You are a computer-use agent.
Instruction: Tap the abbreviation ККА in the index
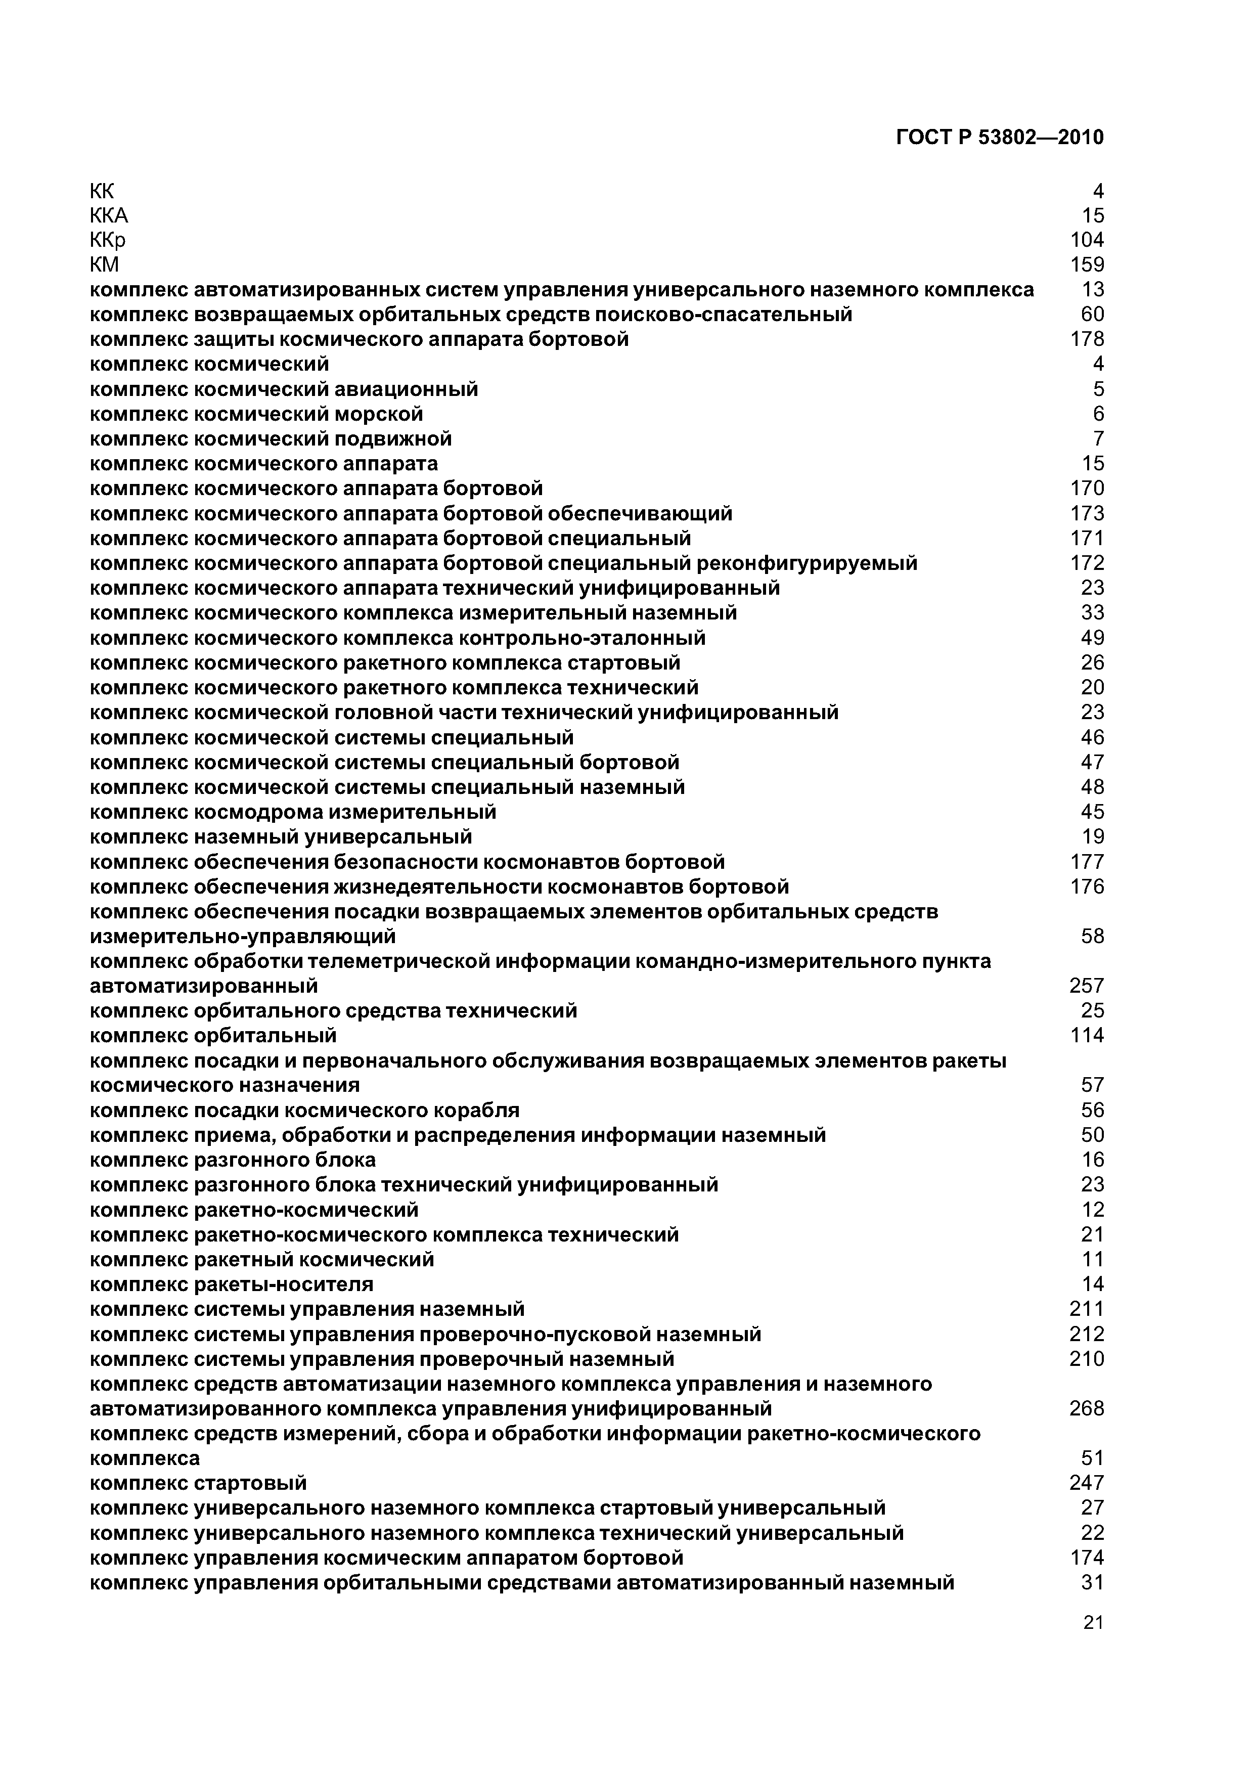pos(109,215)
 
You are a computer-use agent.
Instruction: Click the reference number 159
pos(1087,265)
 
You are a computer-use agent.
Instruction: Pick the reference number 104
pos(1087,240)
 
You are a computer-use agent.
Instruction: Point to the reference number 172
pos(1087,563)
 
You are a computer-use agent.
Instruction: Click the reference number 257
pos(1087,986)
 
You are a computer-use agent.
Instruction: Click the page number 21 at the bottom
pos(1093,1623)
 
